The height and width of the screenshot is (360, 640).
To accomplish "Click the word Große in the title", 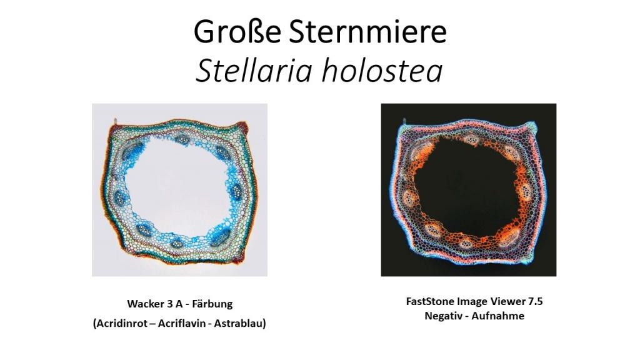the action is [237, 32].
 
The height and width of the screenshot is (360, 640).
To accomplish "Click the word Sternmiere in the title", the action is [368, 32].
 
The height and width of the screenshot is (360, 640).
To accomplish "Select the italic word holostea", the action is [382, 70].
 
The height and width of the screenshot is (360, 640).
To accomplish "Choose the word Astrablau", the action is [240, 323].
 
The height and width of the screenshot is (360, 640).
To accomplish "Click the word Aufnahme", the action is [498, 316].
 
